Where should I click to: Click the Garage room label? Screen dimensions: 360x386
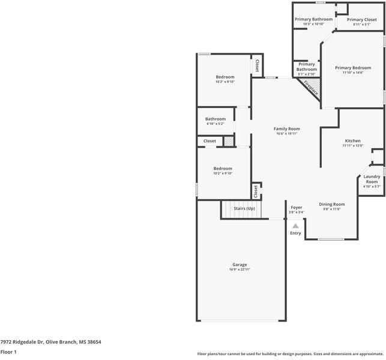[x=240, y=265]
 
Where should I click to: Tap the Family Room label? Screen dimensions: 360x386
[x=286, y=129]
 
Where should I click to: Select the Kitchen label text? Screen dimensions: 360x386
[x=352, y=140]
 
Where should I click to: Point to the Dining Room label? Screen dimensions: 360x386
[x=331, y=204]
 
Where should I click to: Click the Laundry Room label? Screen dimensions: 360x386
[x=372, y=179]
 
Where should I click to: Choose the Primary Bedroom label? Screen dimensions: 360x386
[x=352, y=68]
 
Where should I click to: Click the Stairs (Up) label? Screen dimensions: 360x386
[x=244, y=208]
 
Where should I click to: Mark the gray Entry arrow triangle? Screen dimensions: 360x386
[x=295, y=226]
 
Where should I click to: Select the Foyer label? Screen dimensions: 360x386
[x=297, y=207]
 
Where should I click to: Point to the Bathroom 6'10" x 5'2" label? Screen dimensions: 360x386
[x=216, y=119]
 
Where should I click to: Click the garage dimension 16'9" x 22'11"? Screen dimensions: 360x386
[x=240, y=270]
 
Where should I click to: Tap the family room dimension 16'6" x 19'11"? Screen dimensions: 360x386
[x=286, y=134]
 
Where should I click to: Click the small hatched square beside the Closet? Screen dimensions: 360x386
[x=228, y=141]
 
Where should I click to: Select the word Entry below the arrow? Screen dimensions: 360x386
[x=295, y=233]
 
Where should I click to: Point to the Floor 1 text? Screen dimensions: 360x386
[x=8, y=352]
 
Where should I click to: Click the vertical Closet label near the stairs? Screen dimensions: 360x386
[x=256, y=191]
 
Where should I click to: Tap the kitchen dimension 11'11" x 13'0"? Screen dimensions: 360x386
[x=352, y=145]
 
